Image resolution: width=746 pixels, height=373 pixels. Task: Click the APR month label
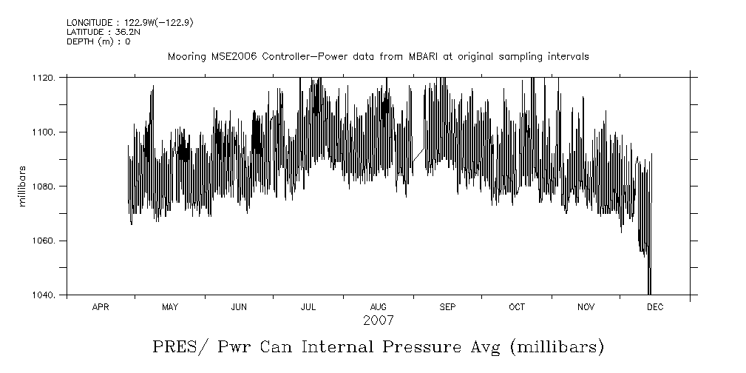(x=101, y=307)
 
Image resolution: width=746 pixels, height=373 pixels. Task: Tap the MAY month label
(x=169, y=307)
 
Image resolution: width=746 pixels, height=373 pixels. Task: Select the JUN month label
(x=239, y=307)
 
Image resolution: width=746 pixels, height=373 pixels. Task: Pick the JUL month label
(x=308, y=307)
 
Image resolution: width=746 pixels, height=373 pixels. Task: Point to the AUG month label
(x=378, y=307)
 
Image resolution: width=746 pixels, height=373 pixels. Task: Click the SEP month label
(x=447, y=307)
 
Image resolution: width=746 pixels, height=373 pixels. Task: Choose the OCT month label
(x=516, y=307)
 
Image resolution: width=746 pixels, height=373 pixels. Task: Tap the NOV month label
(x=586, y=307)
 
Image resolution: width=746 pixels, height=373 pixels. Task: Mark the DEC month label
(x=655, y=307)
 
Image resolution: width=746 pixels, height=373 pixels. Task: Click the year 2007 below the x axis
(x=378, y=320)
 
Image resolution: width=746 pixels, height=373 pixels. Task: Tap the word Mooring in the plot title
(x=185, y=57)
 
